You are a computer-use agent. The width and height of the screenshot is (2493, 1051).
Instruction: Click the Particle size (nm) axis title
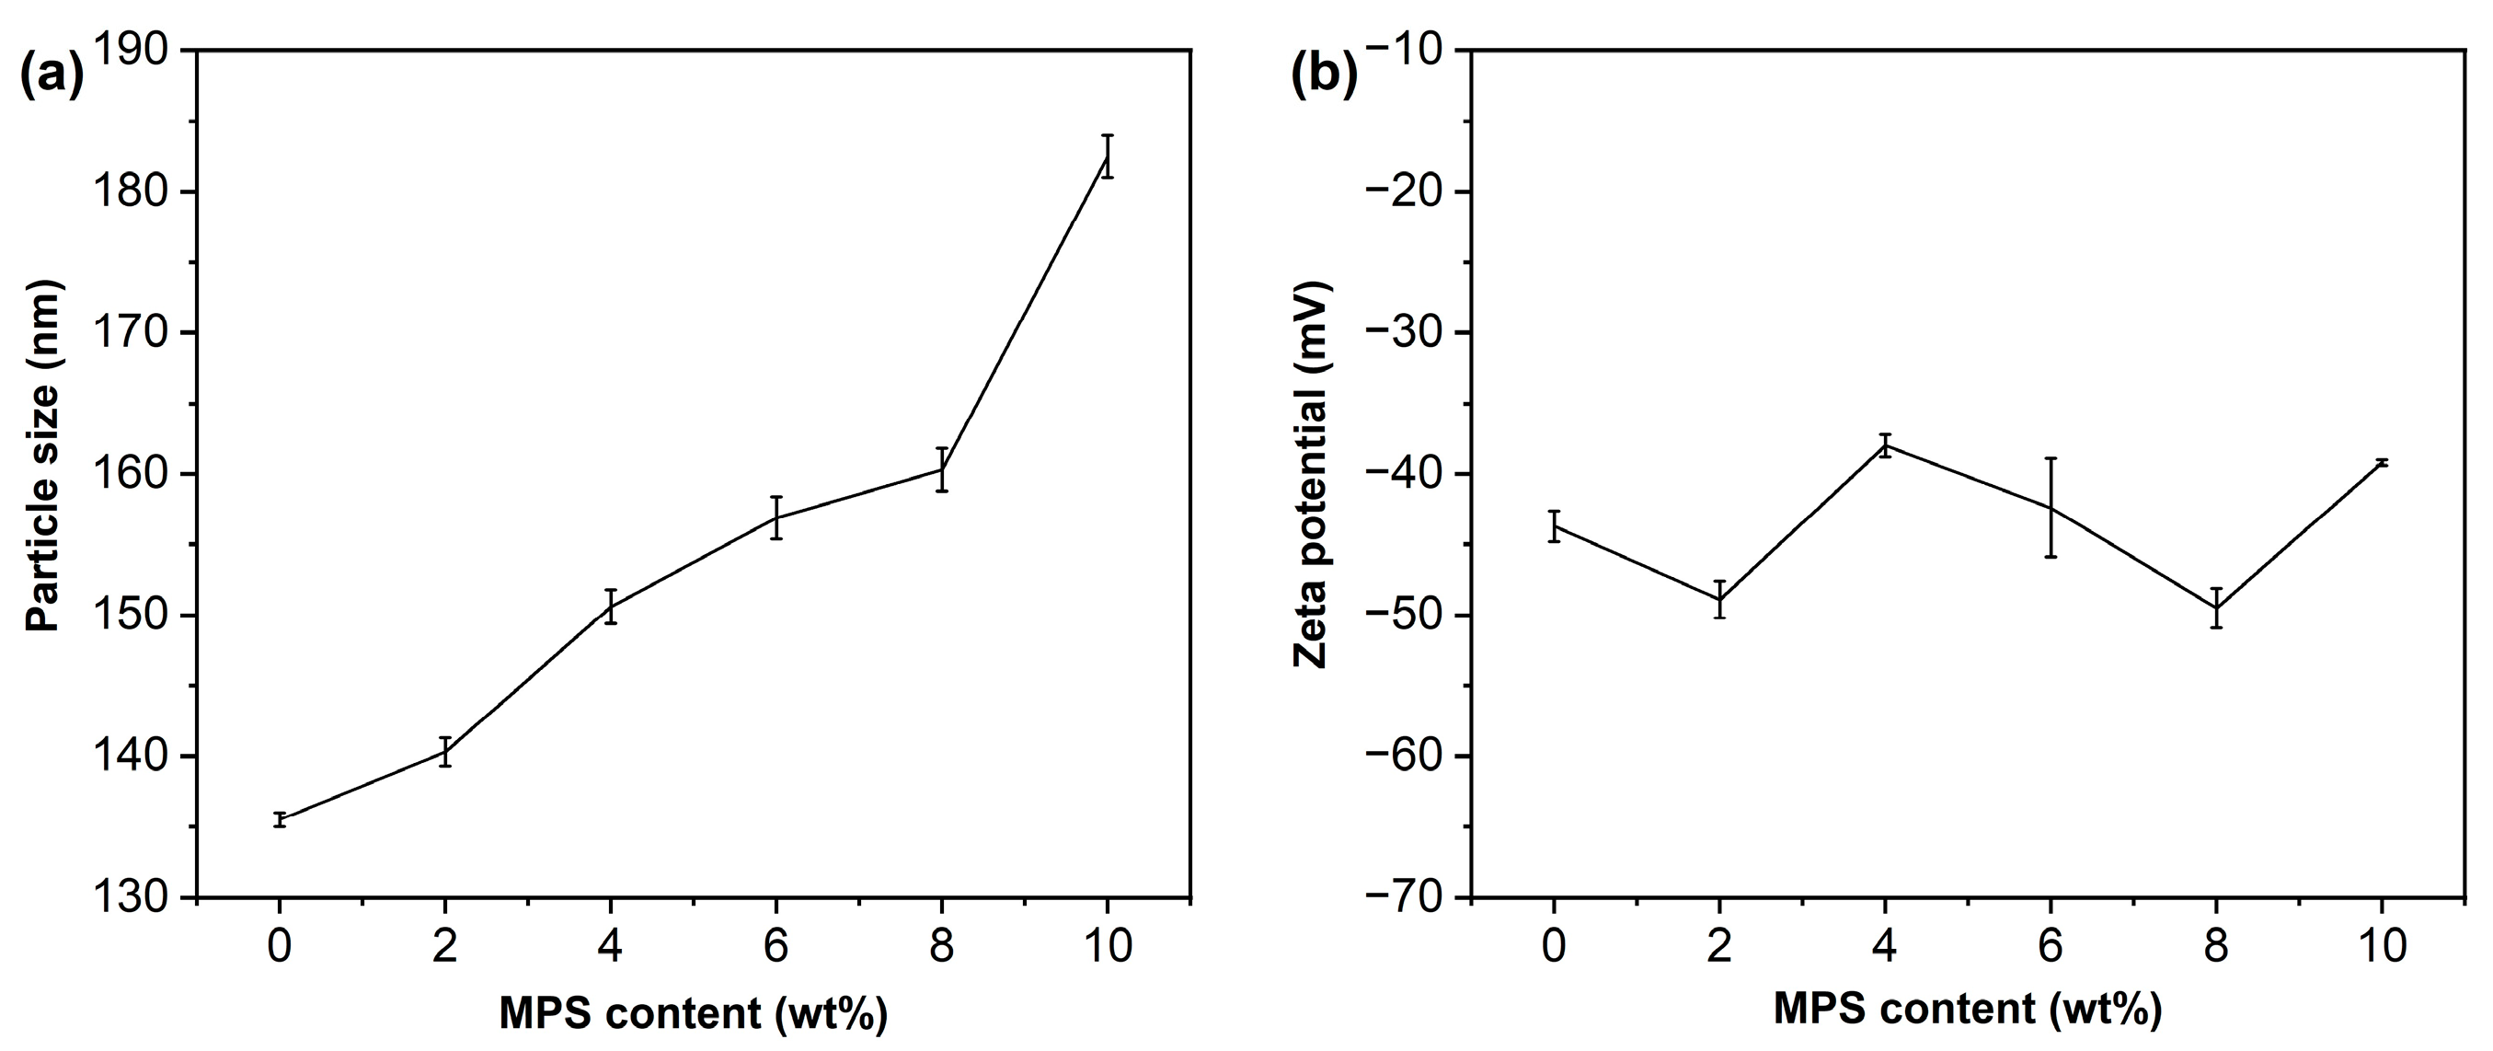point(44,456)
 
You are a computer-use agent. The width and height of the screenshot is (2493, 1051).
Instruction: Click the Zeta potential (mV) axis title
point(1313,474)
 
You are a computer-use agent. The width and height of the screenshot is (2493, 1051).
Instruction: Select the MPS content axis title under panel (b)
point(1967,1011)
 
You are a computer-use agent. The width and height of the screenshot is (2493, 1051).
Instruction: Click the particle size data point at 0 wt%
point(280,820)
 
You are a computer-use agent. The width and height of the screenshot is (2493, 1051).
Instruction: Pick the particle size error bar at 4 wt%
point(611,606)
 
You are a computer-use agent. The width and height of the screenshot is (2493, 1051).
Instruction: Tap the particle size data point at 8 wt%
point(942,469)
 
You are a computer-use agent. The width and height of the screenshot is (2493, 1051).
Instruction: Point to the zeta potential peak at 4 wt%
point(1885,445)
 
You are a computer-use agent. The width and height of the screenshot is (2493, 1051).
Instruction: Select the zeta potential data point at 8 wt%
point(2216,607)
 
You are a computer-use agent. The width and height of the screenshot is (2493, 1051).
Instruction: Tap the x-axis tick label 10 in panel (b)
point(2382,945)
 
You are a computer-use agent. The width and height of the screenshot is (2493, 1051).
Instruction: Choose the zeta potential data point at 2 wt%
point(1719,600)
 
